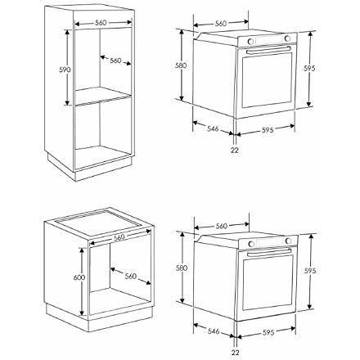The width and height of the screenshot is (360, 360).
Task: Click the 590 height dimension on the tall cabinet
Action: click(65, 70)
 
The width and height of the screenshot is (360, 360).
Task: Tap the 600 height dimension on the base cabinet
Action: click(79, 277)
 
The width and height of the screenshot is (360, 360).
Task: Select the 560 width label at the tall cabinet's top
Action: click(101, 23)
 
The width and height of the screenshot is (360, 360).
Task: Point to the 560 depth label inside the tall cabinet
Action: click(115, 61)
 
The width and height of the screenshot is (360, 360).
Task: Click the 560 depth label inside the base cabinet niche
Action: click(131, 277)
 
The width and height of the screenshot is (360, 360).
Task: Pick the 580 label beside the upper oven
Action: click(181, 65)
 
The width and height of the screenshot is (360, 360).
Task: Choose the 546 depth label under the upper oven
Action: click(213, 128)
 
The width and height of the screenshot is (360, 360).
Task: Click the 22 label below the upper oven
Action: click(235, 150)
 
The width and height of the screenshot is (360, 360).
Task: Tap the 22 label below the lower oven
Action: click(235, 353)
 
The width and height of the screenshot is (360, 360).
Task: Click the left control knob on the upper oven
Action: click(250, 42)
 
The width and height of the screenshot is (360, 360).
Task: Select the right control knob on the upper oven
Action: click(287, 38)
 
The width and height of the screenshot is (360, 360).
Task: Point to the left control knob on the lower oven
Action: click(251, 244)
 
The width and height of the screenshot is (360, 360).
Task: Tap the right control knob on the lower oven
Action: click(288, 241)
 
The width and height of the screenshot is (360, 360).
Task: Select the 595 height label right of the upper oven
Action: click(309, 68)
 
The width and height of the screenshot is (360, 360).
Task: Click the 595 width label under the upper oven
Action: click(268, 130)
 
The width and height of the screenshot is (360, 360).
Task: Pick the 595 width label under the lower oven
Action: click(268, 332)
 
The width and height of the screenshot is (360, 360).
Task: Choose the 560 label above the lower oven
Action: click(222, 226)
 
